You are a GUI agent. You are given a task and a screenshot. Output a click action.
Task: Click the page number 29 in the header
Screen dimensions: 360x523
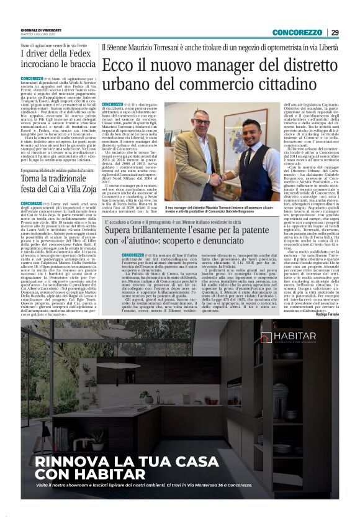(x=335, y=33)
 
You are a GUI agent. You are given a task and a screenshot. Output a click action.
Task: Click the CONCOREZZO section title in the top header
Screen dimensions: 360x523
(x=297, y=33)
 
